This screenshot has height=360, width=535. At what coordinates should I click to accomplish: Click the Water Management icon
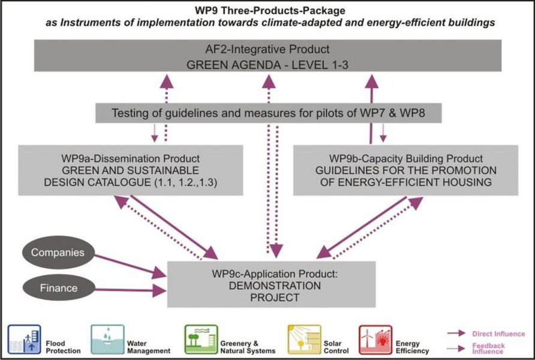[x=107, y=340]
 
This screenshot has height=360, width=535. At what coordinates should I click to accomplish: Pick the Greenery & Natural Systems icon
[x=201, y=340]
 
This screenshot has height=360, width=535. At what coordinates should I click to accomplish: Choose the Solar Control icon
[x=304, y=340]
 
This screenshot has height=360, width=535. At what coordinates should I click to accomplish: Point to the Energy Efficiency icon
[x=375, y=340]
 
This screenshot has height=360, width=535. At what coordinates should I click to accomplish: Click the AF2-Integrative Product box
[x=267, y=56]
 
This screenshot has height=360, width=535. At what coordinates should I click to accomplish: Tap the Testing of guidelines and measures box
[x=268, y=112]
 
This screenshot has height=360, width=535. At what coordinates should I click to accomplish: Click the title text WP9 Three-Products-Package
[x=267, y=11]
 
